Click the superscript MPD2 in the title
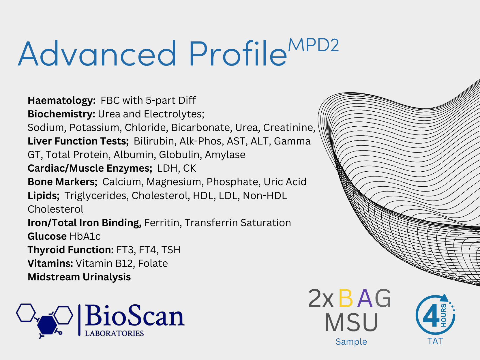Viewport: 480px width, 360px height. point(313,45)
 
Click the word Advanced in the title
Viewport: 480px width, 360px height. point(97,53)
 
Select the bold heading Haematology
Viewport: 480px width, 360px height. point(61,101)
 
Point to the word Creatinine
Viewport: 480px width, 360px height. point(289,128)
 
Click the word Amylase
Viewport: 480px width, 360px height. point(225,155)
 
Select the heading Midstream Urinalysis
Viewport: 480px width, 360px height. point(79,277)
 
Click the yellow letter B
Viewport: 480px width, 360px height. point(346,298)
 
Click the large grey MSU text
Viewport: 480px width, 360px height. point(351,322)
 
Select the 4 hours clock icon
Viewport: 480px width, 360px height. point(435,314)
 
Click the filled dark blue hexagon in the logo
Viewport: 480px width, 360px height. point(47,325)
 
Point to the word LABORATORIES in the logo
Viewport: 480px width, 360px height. point(114,333)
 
